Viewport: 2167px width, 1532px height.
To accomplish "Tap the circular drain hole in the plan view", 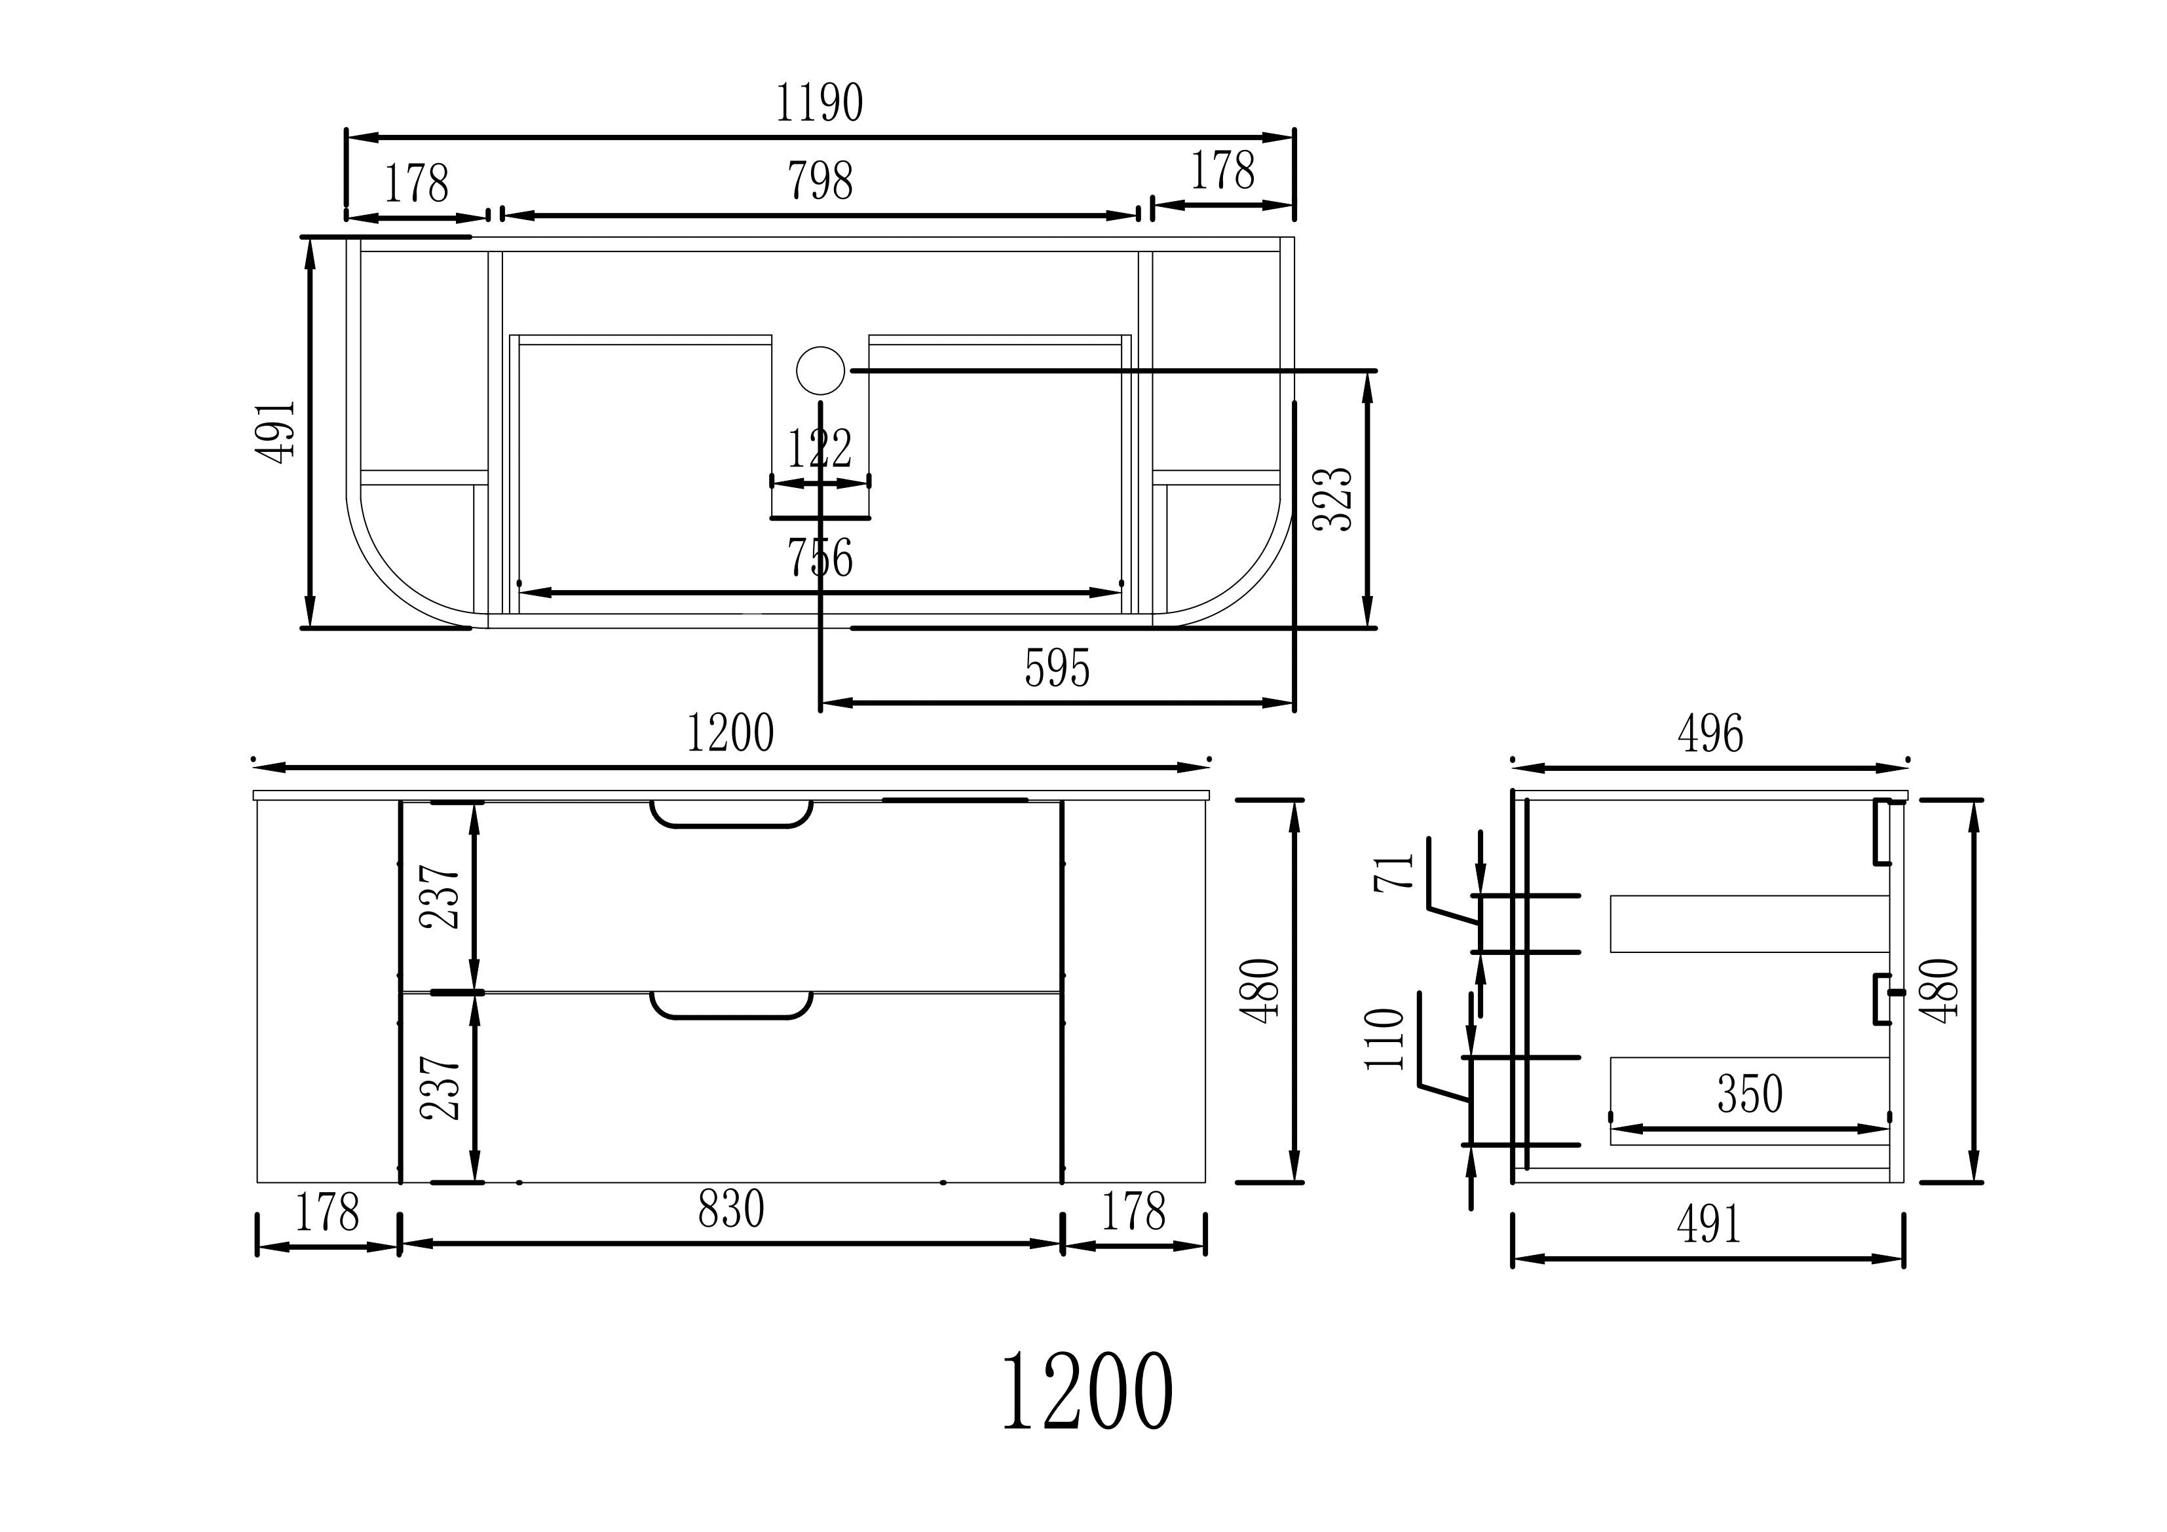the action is point(820,370).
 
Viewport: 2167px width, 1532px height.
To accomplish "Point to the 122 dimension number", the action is point(820,449).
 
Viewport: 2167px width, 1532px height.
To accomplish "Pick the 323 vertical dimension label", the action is point(1334,498).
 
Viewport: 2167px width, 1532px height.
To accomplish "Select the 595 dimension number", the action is point(1057,669).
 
